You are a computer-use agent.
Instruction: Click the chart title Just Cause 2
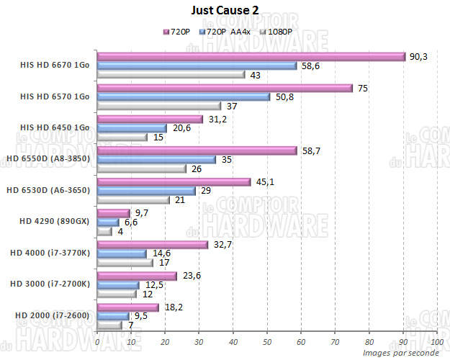(x=225, y=10)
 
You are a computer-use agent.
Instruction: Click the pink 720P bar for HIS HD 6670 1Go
(x=251, y=57)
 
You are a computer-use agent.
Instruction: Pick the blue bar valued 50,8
(x=183, y=97)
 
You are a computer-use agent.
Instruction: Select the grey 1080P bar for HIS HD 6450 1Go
(x=122, y=138)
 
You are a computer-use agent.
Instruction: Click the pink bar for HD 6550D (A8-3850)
(x=197, y=150)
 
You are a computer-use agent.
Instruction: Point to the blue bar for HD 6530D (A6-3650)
(x=146, y=191)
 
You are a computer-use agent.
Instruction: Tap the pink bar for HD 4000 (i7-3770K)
(x=152, y=245)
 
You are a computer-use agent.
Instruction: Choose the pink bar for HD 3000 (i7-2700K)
(x=137, y=276)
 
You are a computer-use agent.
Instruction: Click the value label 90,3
(x=419, y=56)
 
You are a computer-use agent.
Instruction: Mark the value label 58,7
(x=310, y=150)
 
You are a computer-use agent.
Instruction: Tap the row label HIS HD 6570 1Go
(x=55, y=96)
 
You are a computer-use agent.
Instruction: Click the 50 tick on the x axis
(x=266, y=341)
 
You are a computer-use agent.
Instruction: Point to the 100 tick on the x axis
(x=436, y=341)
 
